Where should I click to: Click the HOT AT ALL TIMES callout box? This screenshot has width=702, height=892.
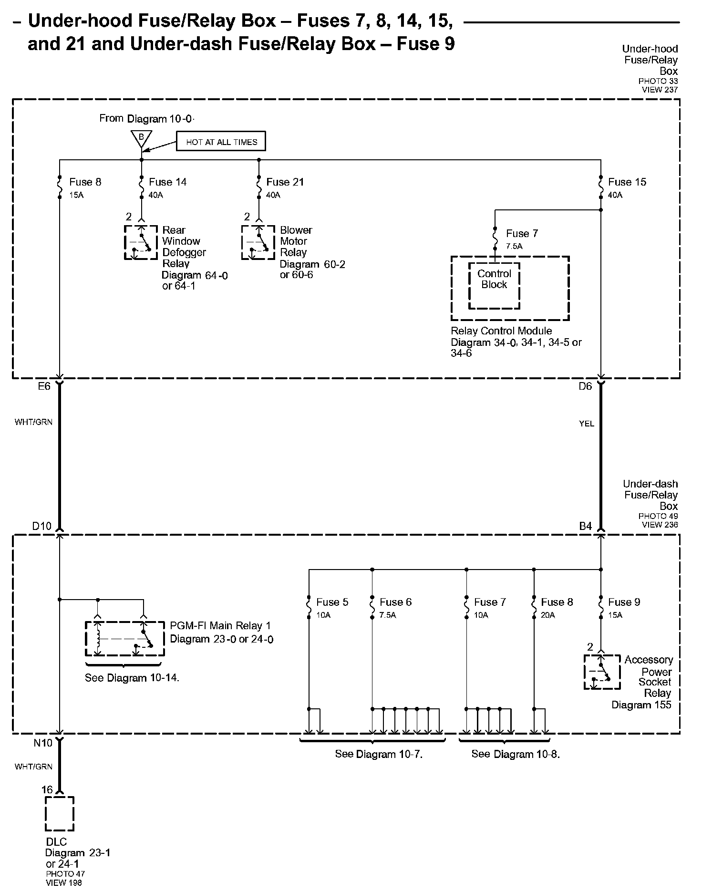pyautogui.click(x=221, y=142)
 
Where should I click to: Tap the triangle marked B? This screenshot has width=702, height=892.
pyautogui.click(x=141, y=138)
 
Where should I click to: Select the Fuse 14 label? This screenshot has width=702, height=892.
pyautogui.click(x=167, y=182)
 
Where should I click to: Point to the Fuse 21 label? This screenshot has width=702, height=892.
pyautogui.click(x=285, y=182)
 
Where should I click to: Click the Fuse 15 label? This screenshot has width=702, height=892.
pyautogui.click(x=627, y=182)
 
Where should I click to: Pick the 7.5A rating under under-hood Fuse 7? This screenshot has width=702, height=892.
pyautogui.click(x=514, y=246)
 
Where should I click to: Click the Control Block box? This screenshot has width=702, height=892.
pyautogui.click(x=494, y=285)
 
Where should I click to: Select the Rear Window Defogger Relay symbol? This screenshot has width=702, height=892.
pyautogui.click(x=141, y=242)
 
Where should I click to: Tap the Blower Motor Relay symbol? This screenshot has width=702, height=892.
pyautogui.click(x=258, y=242)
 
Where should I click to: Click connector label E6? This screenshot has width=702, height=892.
pyautogui.click(x=44, y=386)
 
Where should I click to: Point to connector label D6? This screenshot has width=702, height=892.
pyautogui.click(x=585, y=386)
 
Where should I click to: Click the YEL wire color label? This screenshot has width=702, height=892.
pyautogui.click(x=587, y=424)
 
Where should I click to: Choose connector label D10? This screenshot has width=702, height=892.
pyautogui.click(x=41, y=526)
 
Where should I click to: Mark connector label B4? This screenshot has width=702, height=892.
pyautogui.click(x=585, y=526)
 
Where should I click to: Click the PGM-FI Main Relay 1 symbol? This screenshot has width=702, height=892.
pyautogui.click(x=124, y=639)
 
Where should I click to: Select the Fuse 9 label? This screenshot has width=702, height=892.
pyautogui.click(x=624, y=602)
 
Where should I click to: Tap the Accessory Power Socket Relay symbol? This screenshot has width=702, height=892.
pyautogui.click(x=602, y=672)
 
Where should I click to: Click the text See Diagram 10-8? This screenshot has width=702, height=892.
pyautogui.click(x=516, y=754)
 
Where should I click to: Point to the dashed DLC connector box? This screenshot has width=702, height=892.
pyautogui.click(x=60, y=814)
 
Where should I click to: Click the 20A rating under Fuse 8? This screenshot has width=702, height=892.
pyautogui.click(x=548, y=615)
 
